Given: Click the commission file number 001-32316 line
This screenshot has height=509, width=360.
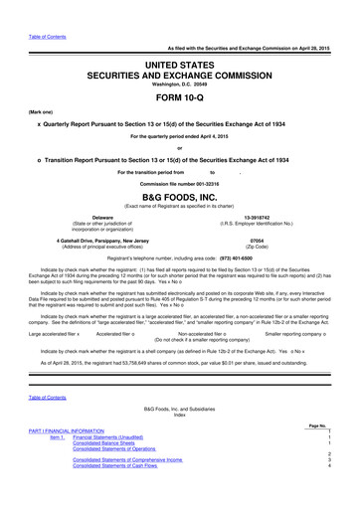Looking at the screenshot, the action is [179, 181].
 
